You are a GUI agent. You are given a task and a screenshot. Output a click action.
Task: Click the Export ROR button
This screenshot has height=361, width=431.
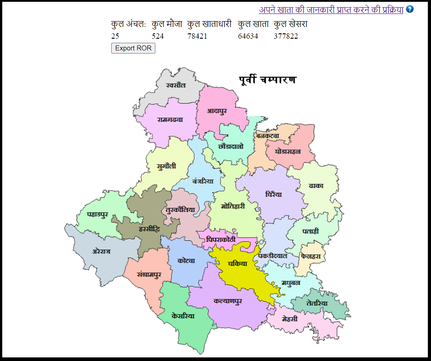click(133, 48)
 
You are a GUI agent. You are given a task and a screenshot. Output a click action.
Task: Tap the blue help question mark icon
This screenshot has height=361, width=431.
click(410, 9)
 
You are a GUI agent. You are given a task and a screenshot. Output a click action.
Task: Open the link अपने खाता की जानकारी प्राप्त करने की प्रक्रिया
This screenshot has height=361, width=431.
click(331, 10)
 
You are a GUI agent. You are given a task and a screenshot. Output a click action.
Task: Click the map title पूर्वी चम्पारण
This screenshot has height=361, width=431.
click(268, 80)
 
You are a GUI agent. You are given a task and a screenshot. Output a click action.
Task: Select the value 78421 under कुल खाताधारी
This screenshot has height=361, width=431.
click(197, 36)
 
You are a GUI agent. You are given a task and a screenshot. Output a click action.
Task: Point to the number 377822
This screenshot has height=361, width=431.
click(286, 36)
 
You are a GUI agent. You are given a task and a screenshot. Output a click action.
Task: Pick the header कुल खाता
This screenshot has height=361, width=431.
click(254, 24)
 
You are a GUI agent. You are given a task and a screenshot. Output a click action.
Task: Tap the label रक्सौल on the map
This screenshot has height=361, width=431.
click(176, 85)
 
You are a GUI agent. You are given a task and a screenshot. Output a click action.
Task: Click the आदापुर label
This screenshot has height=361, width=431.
click(217, 110)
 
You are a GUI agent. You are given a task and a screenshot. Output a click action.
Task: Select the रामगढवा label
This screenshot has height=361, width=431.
click(170, 119)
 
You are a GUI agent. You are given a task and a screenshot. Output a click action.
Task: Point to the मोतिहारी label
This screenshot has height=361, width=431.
click(233, 206)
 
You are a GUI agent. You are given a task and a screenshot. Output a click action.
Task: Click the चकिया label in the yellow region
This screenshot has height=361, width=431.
click(237, 262)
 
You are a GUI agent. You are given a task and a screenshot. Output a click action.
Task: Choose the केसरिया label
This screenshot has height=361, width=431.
click(183, 316)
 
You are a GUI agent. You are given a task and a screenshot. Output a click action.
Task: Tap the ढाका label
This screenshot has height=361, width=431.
click(316, 186)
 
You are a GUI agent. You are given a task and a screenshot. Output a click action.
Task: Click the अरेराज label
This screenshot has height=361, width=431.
click(101, 251)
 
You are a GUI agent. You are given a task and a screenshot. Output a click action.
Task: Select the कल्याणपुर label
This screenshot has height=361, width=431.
click(228, 301)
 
